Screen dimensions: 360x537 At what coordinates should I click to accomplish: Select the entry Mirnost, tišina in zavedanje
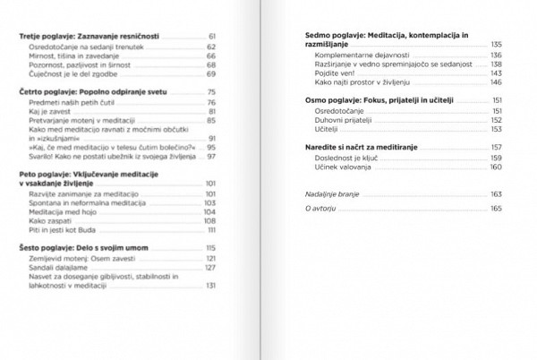77,56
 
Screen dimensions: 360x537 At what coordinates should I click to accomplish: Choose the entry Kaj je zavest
53,112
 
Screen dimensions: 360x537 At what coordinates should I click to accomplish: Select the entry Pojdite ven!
334,73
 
